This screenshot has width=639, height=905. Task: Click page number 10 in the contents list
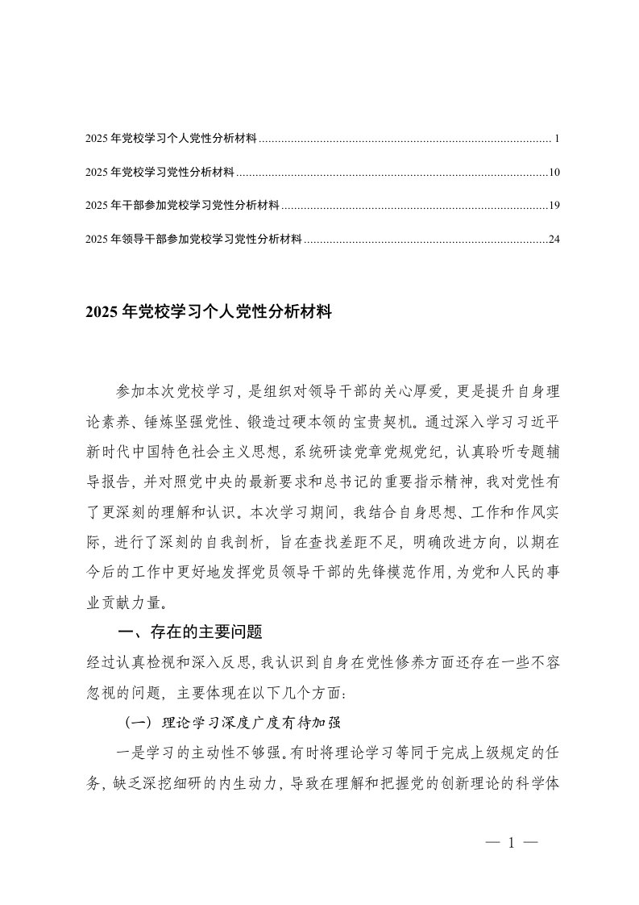pos(554,173)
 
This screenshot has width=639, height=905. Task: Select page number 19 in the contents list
pos(554,206)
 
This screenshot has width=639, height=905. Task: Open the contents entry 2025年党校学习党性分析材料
pos(159,173)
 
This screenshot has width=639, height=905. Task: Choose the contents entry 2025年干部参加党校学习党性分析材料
pos(181,206)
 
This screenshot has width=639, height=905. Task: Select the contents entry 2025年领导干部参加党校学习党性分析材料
pos(193,240)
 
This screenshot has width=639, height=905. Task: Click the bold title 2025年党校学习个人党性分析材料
pos(208,311)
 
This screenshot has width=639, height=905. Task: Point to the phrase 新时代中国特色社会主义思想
pos(179,452)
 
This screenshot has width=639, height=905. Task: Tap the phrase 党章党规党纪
pos(391,452)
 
